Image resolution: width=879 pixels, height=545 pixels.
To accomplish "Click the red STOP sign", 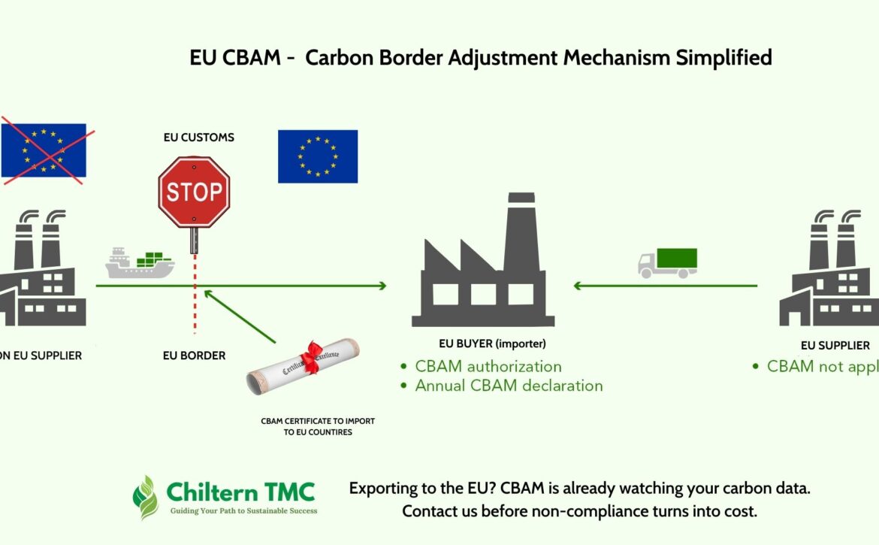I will (x=194, y=192).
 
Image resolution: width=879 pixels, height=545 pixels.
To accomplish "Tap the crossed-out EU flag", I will (x=44, y=150).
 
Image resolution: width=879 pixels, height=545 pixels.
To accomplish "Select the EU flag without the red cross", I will (x=318, y=156).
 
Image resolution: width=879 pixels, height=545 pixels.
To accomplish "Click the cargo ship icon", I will (x=139, y=263).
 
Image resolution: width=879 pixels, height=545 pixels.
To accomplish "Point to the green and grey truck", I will (x=667, y=262).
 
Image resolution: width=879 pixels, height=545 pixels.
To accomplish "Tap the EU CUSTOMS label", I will (x=199, y=138).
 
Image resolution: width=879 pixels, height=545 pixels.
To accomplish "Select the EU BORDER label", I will (x=194, y=356).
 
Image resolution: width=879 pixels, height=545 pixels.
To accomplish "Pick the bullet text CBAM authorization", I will (x=488, y=367).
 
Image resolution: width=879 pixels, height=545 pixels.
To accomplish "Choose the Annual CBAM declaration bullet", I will (x=509, y=386).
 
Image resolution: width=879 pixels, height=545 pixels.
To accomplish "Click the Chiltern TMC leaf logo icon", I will (x=146, y=497).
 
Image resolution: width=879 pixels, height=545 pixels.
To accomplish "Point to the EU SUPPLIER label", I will (x=835, y=346).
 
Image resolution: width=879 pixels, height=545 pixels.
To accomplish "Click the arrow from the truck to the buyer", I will (x=665, y=286).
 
